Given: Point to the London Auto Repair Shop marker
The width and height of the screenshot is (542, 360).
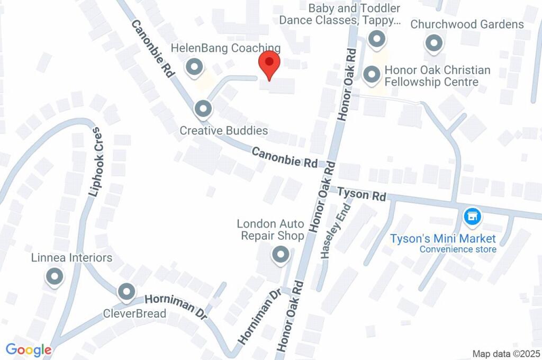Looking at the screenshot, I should click(x=280, y=255).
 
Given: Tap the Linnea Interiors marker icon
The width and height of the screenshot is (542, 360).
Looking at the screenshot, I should click(x=55, y=276).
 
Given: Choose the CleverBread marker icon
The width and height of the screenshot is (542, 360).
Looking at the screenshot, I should click(x=126, y=292).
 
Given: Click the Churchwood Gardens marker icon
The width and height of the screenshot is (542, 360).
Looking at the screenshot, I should click(x=434, y=43).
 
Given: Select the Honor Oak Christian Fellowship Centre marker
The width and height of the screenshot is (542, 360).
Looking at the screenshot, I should click(x=372, y=75).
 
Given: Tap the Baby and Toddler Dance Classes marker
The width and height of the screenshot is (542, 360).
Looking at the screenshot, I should click(x=377, y=38).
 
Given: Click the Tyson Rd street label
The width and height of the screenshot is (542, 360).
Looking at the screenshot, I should click(x=362, y=194).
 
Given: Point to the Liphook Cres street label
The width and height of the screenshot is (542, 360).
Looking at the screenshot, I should click(x=95, y=161).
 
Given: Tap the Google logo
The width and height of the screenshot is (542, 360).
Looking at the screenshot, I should click(x=29, y=350).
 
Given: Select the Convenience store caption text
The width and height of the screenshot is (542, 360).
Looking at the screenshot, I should click(x=458, y=249).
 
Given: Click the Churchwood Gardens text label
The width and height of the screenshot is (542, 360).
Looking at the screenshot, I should click(x=467, y=24).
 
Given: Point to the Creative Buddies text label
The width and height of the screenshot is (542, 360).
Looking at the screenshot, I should click(x=223, y=130).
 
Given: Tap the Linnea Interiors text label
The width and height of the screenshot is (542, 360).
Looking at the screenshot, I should click(x=72, y=258).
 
